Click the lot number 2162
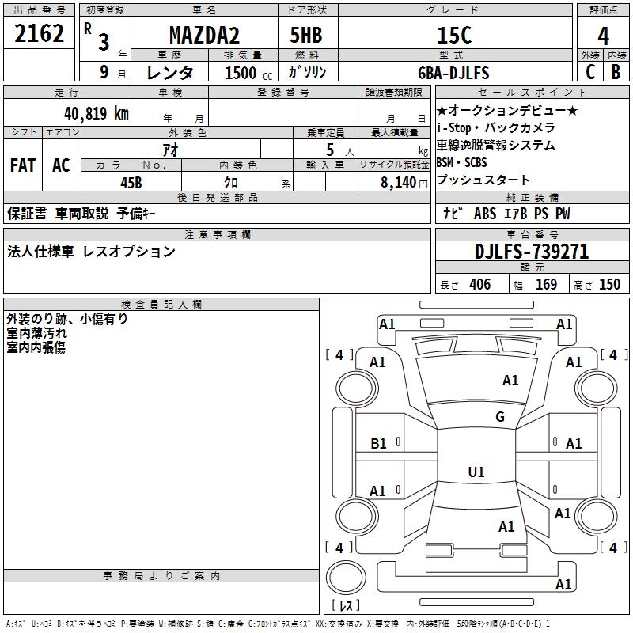pyautogui.click(x=40, y=34)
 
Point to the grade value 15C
pyautogui.click(x=454, y=35)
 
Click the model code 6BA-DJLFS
pyautogui.click(x=453, y=73)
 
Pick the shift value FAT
pyautogui.click(x=23, y=165)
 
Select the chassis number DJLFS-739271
pyautogui.click(x=532, y=252)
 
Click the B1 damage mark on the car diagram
pyautogui.click(x=379, y=444)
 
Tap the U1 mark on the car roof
pyautogui.click(x=476, y=472)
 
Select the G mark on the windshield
pyautogui.click(x=499, y=417)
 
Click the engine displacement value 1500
pyautogui.click(x=241, y=73)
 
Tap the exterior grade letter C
pyautogui.click(x=589, y=71)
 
